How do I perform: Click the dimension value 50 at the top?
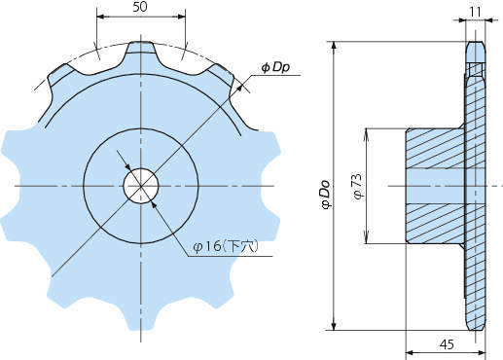pos(140,7)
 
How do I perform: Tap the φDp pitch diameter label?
pos(275,67)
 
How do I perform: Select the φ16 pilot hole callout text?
pos(226,247)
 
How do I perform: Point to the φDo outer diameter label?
pos(325,194)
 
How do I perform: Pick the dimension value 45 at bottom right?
pos(447,344)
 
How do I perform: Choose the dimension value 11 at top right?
pos(475,12)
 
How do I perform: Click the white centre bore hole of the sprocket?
pos(141,186)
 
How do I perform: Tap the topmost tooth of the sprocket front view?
pos(140,49)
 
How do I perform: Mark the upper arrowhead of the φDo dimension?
pos(335,47)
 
